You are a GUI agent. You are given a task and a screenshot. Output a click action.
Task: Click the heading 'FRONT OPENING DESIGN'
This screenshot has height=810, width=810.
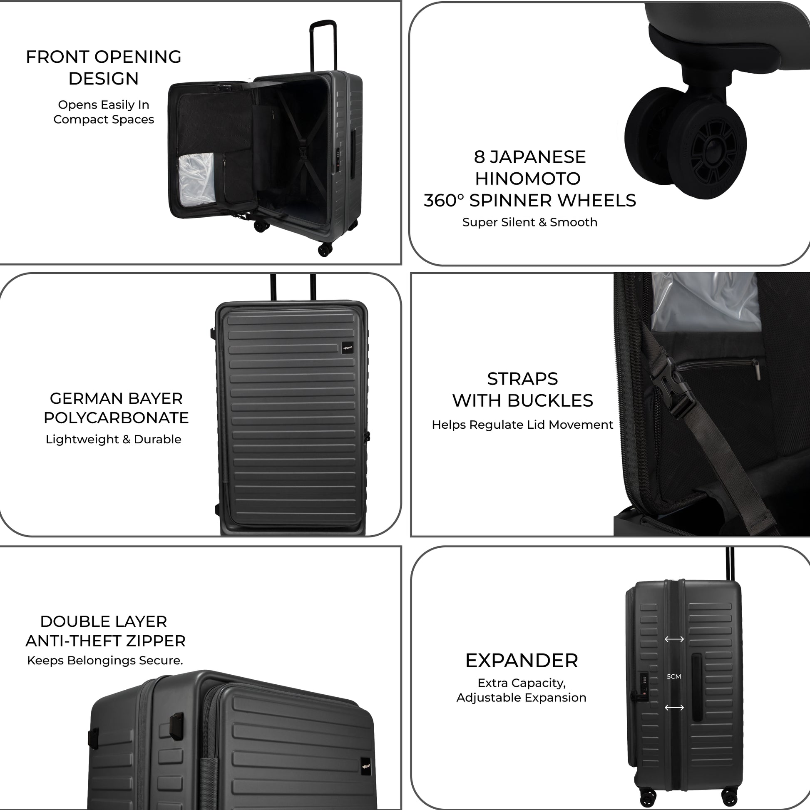click(104, 67)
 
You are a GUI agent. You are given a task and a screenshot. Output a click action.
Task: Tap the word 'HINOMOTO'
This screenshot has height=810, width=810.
click(527, 179)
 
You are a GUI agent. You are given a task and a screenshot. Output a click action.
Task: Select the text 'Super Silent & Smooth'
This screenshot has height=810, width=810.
click(529, 222)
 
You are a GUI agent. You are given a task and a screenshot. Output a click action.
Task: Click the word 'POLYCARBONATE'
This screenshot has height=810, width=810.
click(116, 418)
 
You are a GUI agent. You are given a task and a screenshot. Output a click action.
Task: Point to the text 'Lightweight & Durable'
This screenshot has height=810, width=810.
click(113, 440)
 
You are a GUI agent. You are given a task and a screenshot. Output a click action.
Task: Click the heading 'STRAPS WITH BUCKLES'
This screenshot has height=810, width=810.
click(522, 390)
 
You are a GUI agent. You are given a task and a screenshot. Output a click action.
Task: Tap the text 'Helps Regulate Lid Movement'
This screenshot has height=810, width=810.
click(522, 425)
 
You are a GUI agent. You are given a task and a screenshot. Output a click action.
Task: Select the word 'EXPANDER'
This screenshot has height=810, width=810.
click(522, 661)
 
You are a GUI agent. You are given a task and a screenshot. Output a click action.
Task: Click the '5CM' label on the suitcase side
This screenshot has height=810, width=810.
click(674, 677)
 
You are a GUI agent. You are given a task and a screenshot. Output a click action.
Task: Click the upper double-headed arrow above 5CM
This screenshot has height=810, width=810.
click(674, 639)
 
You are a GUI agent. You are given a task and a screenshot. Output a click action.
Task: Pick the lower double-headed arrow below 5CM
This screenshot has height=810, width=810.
click(674, 708)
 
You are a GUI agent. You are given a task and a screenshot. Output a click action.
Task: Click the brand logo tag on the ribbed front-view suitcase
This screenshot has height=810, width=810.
click(347, 348)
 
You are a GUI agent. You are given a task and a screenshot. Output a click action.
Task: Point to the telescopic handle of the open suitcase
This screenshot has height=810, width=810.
click(323, 42)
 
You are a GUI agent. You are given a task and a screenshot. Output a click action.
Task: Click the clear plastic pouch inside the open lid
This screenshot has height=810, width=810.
click(196, 178)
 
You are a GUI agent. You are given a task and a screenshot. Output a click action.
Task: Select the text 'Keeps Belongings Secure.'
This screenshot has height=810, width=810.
click(105, 661)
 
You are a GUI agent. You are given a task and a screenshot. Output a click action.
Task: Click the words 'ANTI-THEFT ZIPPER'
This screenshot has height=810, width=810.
click(105, 641)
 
